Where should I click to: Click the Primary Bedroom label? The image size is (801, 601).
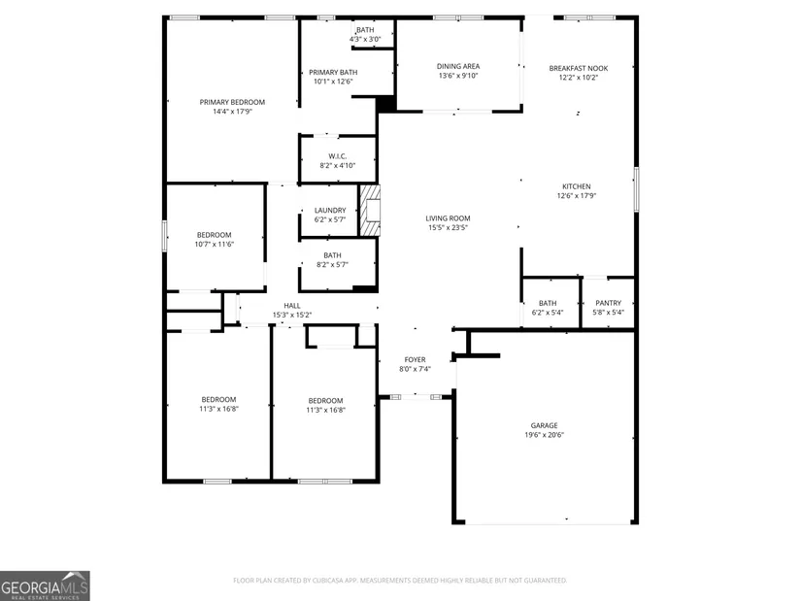point(232,102)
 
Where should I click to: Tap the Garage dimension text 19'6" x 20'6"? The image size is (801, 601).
point(544,435)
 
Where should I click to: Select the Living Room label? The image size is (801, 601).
point(448,218)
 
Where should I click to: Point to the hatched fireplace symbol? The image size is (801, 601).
point(370,211)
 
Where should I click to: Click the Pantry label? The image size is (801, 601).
point(609,303)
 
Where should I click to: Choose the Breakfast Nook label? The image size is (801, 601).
point(579,68)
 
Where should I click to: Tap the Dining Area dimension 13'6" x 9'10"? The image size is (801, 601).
point(458,76)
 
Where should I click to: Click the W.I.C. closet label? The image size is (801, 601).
point(338,156)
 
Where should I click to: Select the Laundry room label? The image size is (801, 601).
point(330,210)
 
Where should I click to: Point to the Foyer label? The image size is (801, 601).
point(415,360)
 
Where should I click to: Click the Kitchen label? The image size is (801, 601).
point(577,186)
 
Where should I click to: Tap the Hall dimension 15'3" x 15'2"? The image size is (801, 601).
point(292,315)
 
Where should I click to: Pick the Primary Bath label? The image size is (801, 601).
point(333,73)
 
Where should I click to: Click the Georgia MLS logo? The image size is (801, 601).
point(45,585)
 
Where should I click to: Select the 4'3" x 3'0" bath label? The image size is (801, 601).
point(365,40)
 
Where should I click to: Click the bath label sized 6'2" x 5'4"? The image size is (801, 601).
point(548,303)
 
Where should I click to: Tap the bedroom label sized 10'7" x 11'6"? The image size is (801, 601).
point(214,235)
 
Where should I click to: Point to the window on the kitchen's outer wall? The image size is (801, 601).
point(636,189)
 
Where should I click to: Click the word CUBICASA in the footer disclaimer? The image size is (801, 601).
point(335,581)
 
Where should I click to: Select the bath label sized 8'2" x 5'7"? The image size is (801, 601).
point(332,255)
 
